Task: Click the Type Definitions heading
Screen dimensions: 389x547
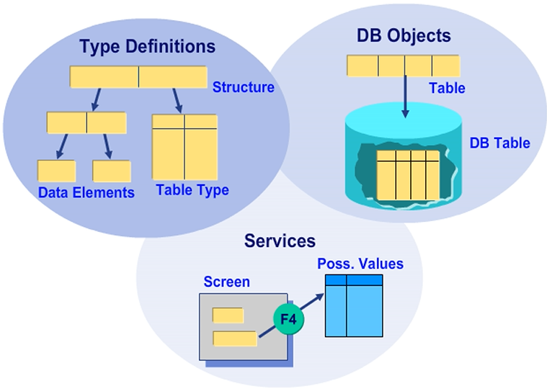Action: point(147,47)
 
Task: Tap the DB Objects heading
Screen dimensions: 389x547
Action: point(404,35)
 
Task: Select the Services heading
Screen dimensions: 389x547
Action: point(280,241)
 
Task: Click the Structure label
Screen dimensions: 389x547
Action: point(243,88)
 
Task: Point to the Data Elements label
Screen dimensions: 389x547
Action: point(86,192)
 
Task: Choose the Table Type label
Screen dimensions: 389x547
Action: point(192,190)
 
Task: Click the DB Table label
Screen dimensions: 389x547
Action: point(499,143)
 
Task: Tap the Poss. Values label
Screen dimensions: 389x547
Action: point(360,264)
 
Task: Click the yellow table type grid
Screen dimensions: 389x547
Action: point(185,146)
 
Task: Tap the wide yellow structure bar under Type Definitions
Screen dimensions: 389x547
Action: point(138,78)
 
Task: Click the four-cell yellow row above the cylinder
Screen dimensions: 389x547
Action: point(404,66)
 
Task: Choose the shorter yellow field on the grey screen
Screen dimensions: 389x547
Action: point(228,315)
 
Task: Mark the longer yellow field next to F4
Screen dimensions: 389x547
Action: point(235,339)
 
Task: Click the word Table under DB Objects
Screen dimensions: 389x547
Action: point(447,89)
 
